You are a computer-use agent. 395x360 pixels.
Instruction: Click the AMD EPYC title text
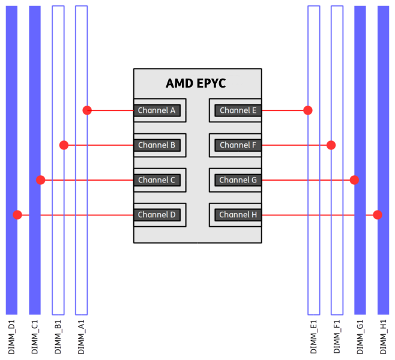coord(196,83)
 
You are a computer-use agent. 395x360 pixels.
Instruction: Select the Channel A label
coord(157,110)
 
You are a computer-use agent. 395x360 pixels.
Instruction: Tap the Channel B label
coord(157,145)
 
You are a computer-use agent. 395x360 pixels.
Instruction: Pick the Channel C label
coord(157,180)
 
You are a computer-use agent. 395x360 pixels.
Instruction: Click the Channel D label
coord(157,215)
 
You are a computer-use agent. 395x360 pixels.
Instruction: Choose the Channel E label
coord(238,110)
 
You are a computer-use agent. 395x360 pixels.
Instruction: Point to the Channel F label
coord(238,145)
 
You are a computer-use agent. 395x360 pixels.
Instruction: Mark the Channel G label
coord(238,180)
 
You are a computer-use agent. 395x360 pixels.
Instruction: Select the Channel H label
coord(238,215)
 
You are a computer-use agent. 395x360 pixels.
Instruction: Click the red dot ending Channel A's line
coord(87,110)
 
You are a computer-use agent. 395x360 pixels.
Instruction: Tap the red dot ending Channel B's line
coord(64,145)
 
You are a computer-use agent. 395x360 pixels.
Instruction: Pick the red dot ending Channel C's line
coord(41,180)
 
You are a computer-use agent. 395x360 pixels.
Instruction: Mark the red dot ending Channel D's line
coord(18,215)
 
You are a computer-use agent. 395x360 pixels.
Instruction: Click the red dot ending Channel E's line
coord(308,110)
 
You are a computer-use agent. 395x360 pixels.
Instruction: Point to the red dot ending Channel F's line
coord(331,145)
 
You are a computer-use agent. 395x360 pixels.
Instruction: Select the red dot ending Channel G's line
coord(354,180)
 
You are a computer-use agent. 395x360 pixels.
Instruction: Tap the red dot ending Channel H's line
coord(377,215)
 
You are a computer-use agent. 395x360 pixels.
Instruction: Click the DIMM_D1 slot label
coord(12,337)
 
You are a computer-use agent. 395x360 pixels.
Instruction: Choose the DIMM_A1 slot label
coord(81,337)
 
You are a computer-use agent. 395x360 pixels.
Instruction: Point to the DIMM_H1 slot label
coord(383,337)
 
